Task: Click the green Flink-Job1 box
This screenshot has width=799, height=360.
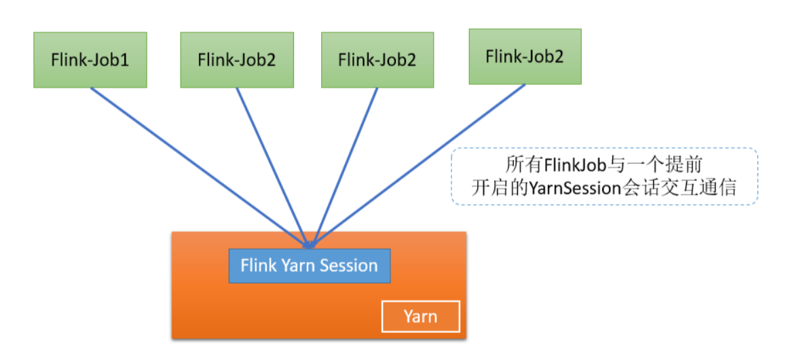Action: coord(90,60)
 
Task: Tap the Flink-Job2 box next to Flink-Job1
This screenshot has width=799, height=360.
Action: coord(237,60)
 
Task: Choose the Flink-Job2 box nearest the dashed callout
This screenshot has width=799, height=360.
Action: coord(525,56)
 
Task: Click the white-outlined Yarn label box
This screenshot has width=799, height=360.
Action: coord(421,317)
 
